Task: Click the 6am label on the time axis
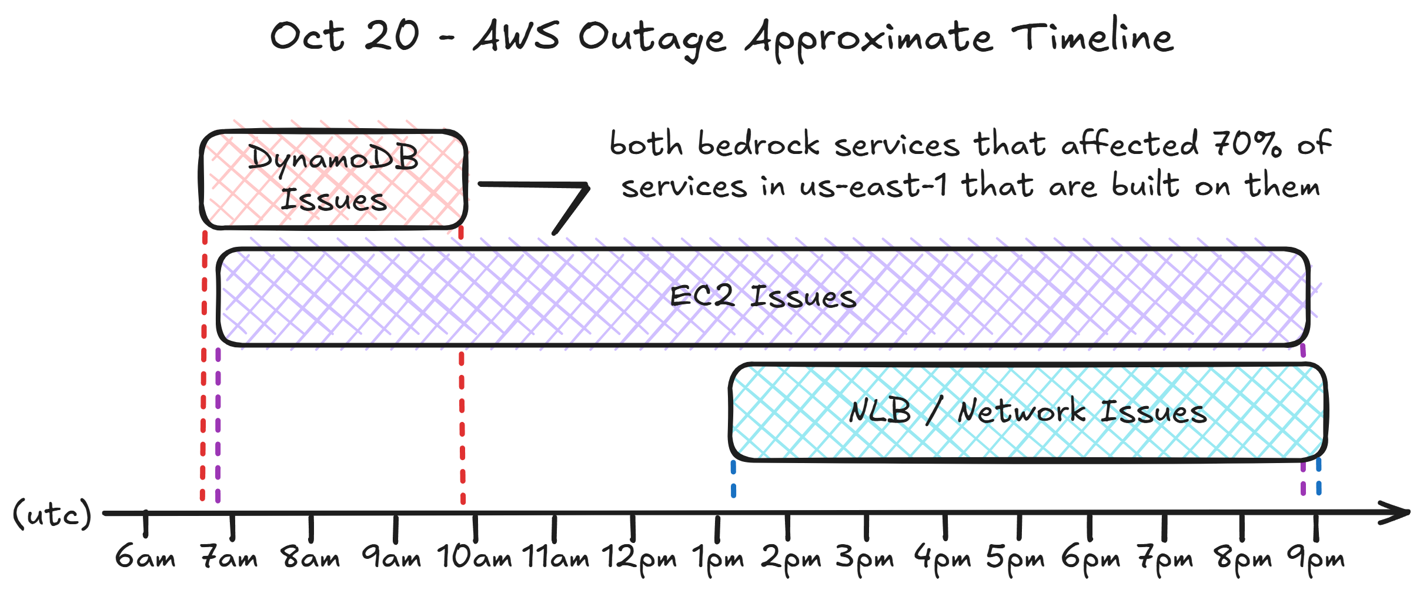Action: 145,558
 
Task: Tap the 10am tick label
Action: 475,558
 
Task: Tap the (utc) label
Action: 52,514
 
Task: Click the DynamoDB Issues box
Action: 333,179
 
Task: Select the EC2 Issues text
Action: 763,297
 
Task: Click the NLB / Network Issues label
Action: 1028,411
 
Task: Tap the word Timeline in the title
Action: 1092,36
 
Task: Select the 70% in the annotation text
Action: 1247,144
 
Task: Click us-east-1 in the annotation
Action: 873,186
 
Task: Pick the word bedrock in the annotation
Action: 759,144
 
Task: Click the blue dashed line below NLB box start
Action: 733,479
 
